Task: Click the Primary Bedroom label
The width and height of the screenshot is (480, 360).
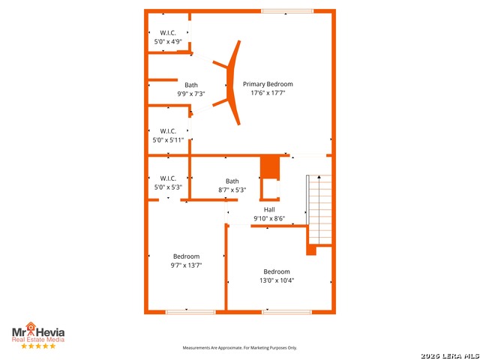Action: (x=268, y=84)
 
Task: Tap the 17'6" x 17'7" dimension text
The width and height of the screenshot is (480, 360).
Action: (x=268, y=94)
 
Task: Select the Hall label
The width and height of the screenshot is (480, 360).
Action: (x=269, y=209)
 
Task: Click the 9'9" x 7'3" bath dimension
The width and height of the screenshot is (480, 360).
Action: (x=191, y=94)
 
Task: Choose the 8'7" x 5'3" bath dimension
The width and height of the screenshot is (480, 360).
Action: (x=232, y=190)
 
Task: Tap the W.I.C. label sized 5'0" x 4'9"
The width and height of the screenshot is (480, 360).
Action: (x=167, y=32)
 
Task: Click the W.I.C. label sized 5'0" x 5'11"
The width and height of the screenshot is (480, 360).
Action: (x=167, y=130)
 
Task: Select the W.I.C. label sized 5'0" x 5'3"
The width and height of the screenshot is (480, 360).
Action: (x=167, y=178)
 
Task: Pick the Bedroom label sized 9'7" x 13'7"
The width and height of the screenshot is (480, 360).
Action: (x=186, y=256)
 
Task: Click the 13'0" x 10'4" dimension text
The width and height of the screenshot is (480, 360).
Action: (x=276, y=280)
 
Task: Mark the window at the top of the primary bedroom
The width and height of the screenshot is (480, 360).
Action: (x=287, y=10)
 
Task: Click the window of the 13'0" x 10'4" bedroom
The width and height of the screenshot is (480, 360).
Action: (x=287, y=311)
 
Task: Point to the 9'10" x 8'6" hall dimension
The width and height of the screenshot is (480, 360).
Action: (x=269, y=218)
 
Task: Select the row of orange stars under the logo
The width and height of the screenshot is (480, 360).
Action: (x=37, y=346)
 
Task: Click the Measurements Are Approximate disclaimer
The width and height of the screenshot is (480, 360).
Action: (x=240, y=348)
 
